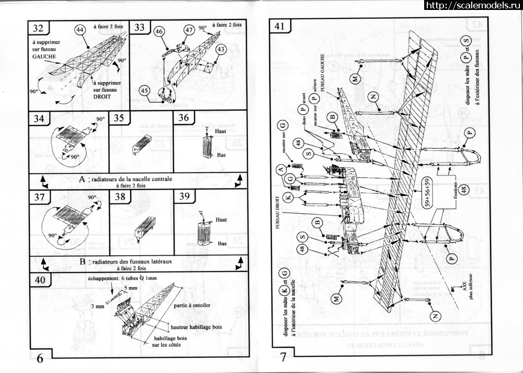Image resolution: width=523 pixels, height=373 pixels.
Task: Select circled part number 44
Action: pyautogui.click(x=80, y=30)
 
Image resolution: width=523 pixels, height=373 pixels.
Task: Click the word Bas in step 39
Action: pyautogui.click(x=222, y=244)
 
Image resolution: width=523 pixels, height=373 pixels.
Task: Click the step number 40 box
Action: pyautogui.click(x=40, y=280)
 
